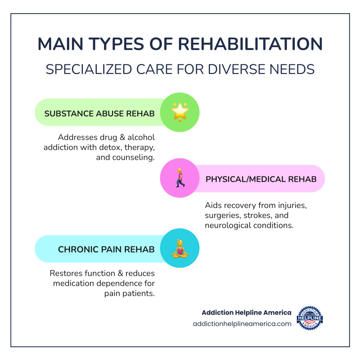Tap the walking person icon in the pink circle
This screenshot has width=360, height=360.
click(x=180, y=178)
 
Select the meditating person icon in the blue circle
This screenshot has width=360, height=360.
click(x=180, y=248)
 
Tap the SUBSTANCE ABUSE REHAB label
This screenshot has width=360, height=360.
click(x=100, y=113)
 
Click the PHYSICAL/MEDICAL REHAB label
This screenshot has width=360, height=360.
click(x=261, y=179)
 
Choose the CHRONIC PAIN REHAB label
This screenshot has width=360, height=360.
click(x=106, y=250)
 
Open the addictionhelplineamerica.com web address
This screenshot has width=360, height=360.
click(x=242, y=324)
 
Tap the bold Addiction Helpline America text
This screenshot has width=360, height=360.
click(x=247, y=312)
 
